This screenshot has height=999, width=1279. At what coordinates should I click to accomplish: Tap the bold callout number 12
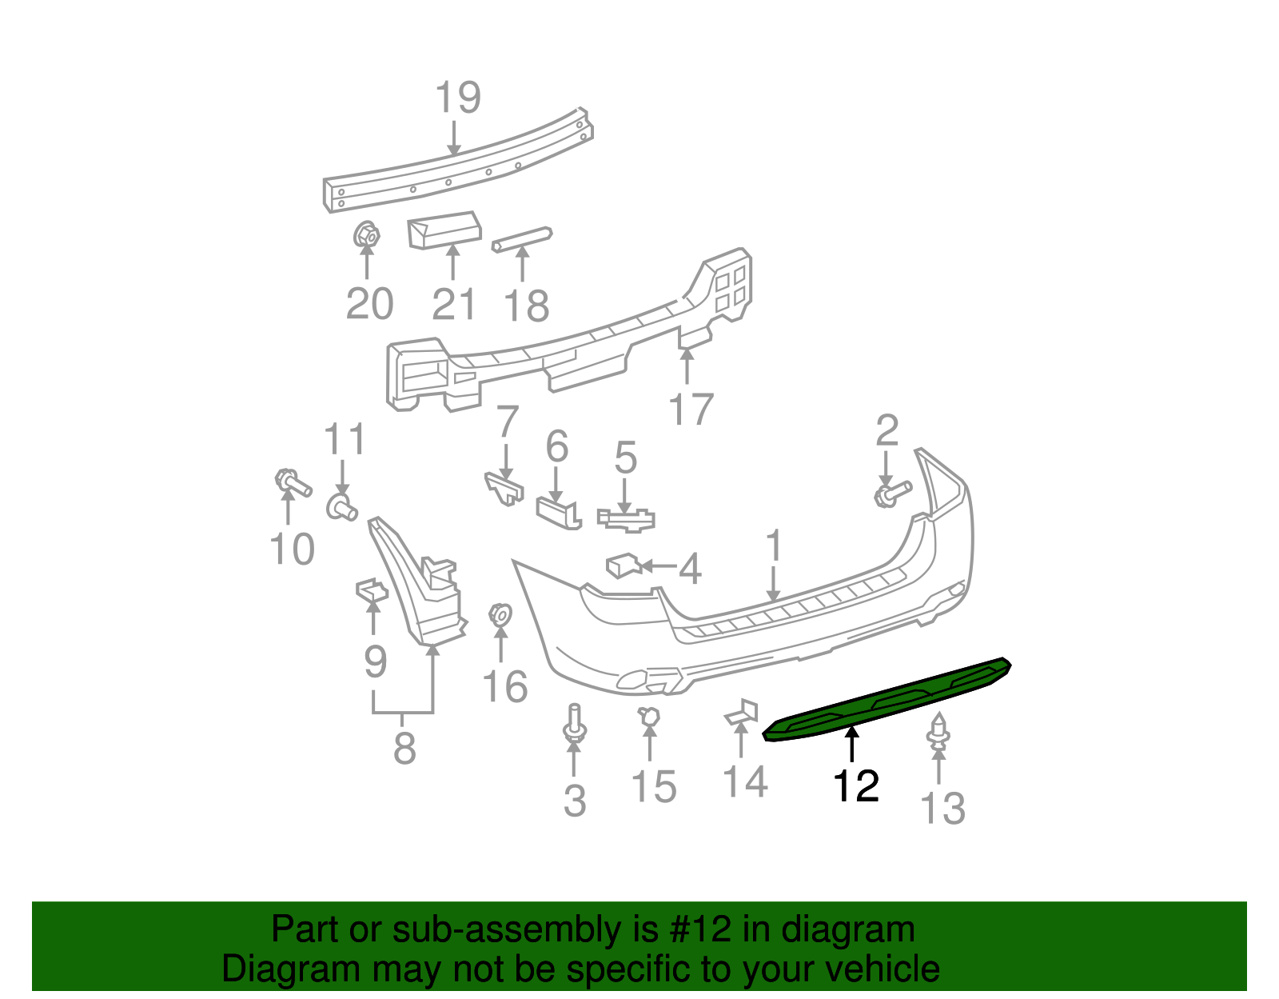point(855,786)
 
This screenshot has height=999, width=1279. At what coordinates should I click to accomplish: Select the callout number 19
point(457,98)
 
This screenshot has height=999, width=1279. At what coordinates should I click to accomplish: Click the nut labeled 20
point(366,235)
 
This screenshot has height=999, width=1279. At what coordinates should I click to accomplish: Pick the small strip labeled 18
point(522,238)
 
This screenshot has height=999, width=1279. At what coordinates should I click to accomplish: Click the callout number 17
point(691,410)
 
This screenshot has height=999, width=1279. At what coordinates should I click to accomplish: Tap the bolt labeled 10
point(292,484)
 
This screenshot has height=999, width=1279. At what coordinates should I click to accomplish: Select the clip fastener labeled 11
point(342,507)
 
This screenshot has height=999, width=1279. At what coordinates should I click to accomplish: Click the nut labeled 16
point(500,615)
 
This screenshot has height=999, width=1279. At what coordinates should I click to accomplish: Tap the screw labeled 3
point(574,724)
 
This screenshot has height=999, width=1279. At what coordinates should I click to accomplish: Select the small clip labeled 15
point(649,718)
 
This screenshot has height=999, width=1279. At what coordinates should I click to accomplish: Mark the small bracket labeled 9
point(371,590)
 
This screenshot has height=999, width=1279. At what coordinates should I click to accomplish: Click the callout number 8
point(404,749)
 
